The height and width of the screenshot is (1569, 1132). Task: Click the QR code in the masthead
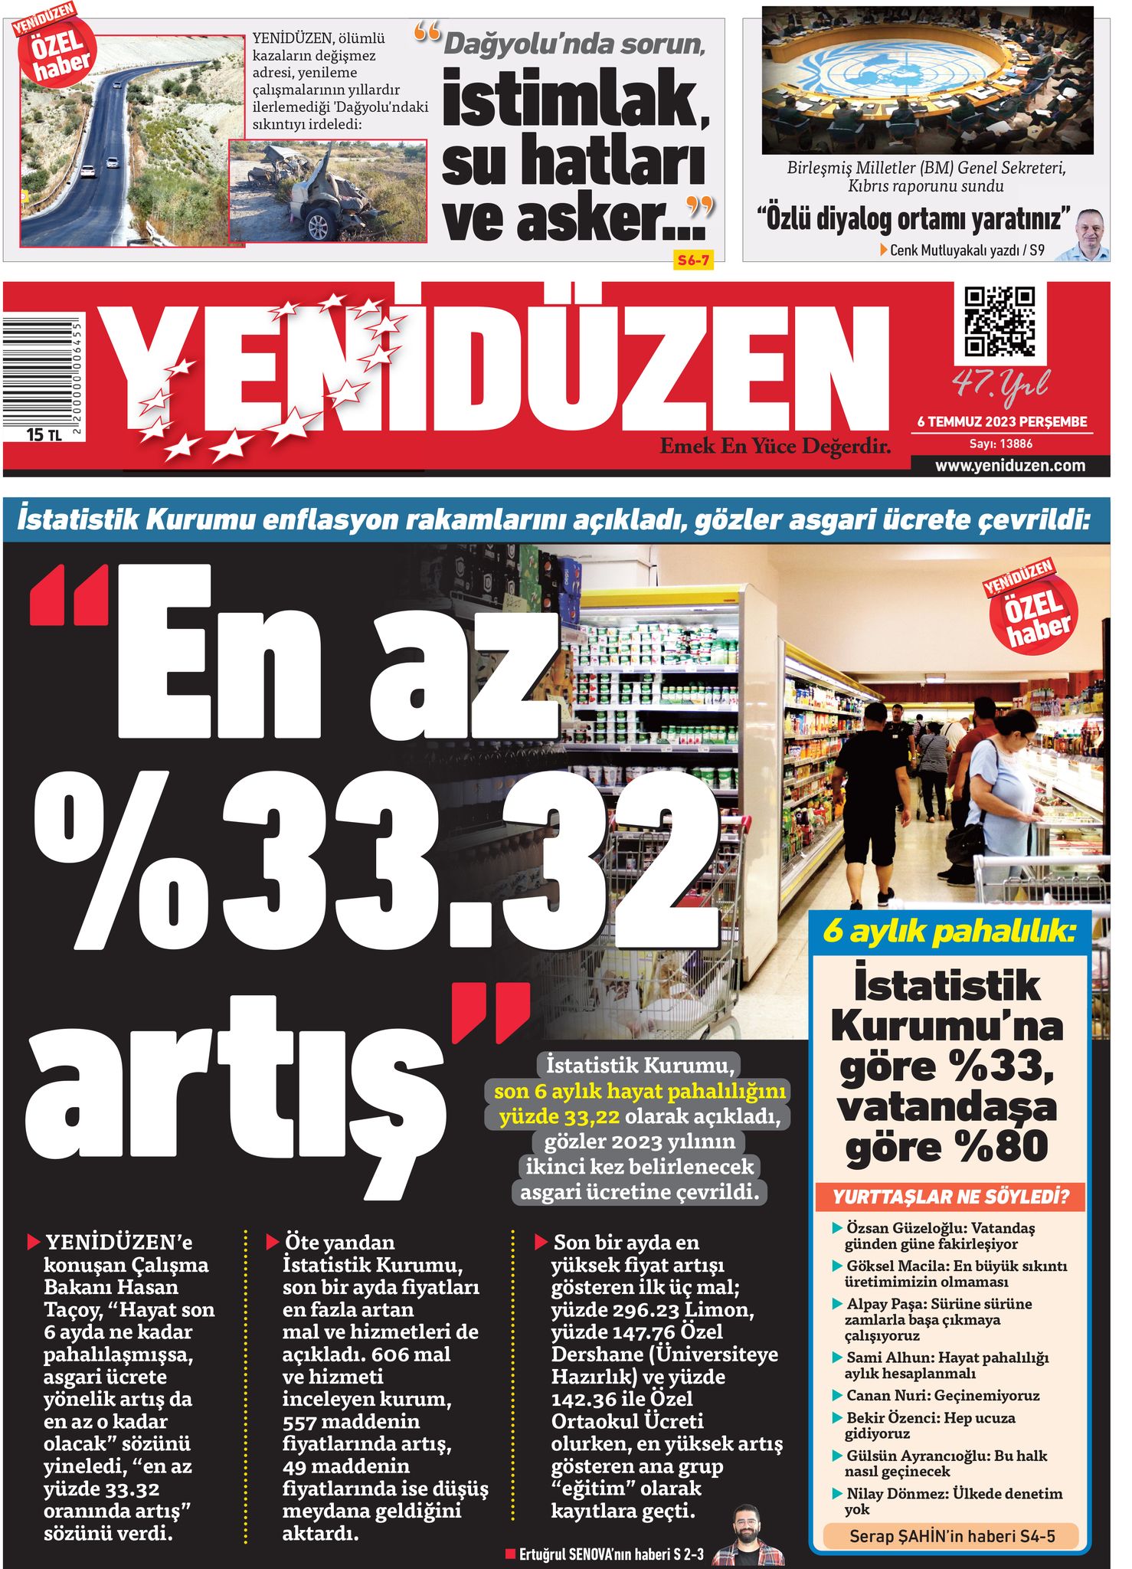pos(999,322)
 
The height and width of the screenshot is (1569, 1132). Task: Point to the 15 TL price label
pos(44,434)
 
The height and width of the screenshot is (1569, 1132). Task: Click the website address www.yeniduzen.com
pos(1009,465)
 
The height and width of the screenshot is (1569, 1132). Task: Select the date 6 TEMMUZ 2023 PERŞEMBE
pos(1002,421)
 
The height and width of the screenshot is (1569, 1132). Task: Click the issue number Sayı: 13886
pos(1000,444)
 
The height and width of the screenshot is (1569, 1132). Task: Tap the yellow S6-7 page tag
pos(692,260)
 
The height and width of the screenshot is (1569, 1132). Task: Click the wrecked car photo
pos(328,191)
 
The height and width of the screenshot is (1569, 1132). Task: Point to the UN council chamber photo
pos(927,80)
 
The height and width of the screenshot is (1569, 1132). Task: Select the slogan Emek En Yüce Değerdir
pos(775,446)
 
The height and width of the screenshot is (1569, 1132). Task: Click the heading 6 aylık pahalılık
pos(948,932)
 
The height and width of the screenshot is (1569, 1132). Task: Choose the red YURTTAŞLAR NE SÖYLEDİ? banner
pos(950,1197)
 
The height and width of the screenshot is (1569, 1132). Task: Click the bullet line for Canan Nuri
pos(942,1395)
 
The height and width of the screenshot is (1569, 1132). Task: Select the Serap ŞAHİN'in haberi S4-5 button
pos(951,1535)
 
